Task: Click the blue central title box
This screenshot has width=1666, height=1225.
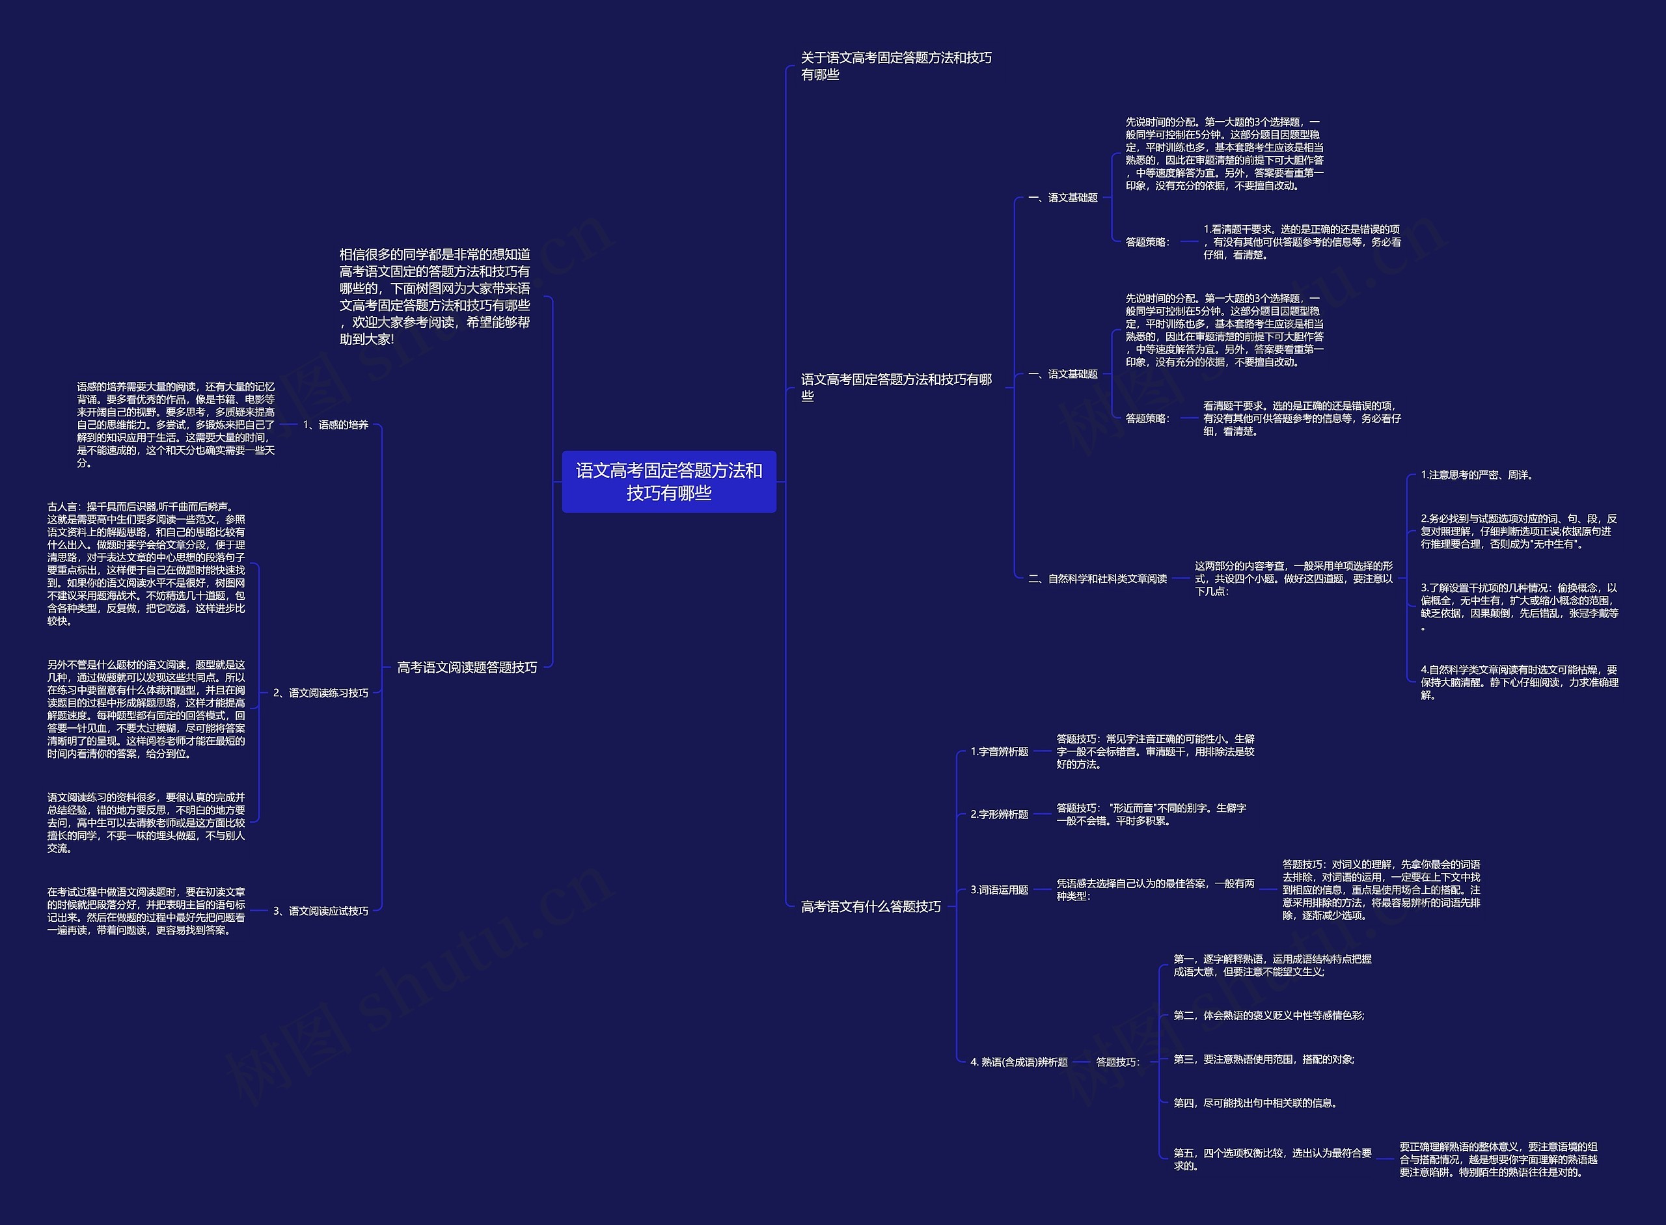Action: point(668,481)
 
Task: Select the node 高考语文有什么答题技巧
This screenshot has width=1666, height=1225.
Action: point(870,906)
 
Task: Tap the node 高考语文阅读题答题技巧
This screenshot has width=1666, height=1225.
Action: point(467,667)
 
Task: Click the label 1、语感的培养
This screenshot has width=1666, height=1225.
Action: point(335,425)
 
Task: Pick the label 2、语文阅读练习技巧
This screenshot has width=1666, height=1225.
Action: point(320,693)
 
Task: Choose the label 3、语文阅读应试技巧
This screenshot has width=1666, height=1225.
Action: point(320,911)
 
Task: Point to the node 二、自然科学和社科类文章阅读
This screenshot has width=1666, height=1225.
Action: point(1097,578)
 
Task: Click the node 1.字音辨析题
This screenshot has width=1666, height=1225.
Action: point(999,751)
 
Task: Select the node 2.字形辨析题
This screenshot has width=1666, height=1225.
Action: point(999,814)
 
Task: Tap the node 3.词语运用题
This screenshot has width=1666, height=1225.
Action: point(999,890)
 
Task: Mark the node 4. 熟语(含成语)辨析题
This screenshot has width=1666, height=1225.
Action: point(1018,1062)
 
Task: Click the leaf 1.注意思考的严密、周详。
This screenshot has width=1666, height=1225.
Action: point(1476,474)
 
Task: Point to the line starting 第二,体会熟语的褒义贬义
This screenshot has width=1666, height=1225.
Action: point(1268,1015)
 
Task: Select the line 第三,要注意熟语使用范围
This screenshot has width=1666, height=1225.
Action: point(1263,1059)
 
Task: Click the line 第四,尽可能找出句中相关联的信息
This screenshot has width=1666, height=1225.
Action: point(1255,1103)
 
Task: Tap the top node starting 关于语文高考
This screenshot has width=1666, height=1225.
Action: point(895,66)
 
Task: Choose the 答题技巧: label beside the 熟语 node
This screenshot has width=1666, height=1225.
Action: point(1117,1062)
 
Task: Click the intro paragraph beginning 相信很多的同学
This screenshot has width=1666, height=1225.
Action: point(435,297)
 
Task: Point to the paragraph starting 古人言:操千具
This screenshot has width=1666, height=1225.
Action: point(146,563)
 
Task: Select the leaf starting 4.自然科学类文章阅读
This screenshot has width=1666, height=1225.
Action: point(1519,682)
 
